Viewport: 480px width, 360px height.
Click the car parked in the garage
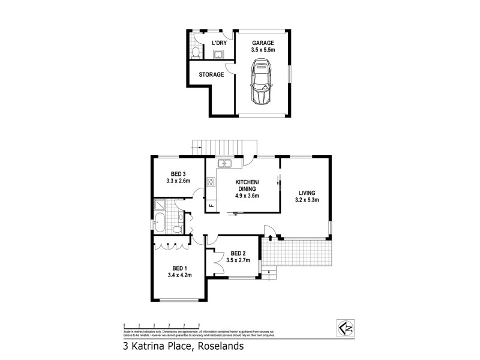[262, 86]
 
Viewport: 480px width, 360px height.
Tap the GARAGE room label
[263, 43]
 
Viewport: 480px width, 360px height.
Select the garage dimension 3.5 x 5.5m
[263, 50]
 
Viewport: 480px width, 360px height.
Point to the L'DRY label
[220, 43]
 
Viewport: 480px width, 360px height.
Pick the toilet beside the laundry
[195, 53]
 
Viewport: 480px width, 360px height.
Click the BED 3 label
[178, 173]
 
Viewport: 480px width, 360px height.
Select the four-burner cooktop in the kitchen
[211, 182]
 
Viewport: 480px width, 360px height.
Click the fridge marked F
[211, 206]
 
